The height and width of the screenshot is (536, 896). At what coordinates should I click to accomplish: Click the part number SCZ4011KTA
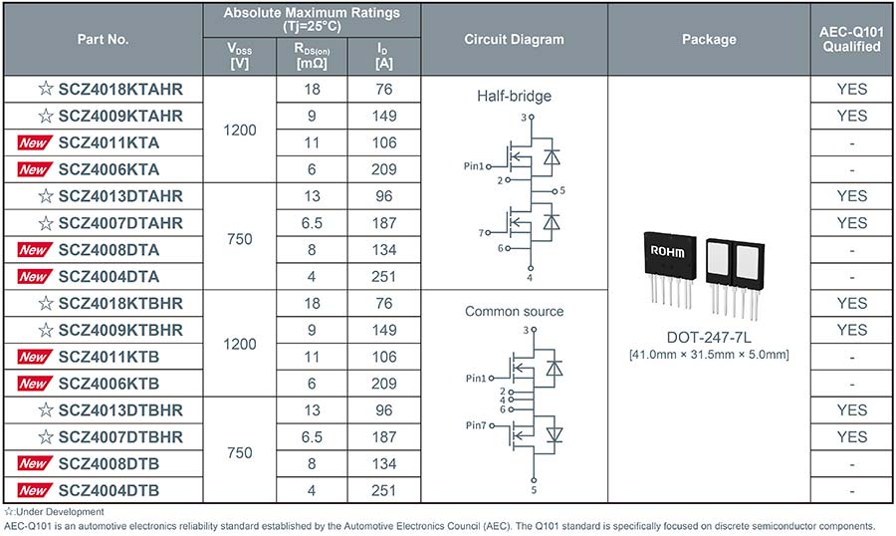click(x=109, y=142)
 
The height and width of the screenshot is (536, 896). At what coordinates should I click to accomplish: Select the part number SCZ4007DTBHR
click(x=120, y=437)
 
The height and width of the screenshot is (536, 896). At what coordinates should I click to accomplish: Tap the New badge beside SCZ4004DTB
click(x=35, y=490)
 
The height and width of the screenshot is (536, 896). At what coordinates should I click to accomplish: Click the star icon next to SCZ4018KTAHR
click(x=46, y=89)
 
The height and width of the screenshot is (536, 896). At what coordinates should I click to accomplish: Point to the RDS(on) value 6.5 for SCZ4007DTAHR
click(x=312, y=223)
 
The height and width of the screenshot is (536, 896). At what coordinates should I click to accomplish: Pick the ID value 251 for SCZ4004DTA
click(x=383, y=277)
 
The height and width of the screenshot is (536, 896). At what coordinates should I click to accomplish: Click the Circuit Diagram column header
click(x=514, y=40)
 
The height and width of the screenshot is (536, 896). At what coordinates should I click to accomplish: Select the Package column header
click(x=709, y=40)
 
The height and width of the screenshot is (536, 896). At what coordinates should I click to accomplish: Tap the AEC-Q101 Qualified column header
click(x=851, y=39)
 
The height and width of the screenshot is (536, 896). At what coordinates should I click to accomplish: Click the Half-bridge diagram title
click(x=515, y=96)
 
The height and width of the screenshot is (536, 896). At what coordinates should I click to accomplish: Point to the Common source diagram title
click(x=515, y=311)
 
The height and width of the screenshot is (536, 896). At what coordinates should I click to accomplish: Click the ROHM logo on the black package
click(x=667, y=251)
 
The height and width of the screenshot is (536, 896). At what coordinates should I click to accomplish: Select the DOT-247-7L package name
click(x=709, y=337)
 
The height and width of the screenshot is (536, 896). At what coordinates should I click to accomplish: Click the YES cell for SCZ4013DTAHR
click(x=851, y=196)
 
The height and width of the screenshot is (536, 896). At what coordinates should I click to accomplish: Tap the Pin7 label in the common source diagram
click(x=476, y=425)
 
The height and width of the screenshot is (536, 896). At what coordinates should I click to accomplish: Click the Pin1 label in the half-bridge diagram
click(x=474, y=166)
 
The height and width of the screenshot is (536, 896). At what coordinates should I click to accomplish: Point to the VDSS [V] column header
click(x=239, y=56)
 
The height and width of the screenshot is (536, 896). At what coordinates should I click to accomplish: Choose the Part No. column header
click(x=103, y=40)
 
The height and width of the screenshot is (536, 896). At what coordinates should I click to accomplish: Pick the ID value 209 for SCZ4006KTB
click(x=383, y=384)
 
